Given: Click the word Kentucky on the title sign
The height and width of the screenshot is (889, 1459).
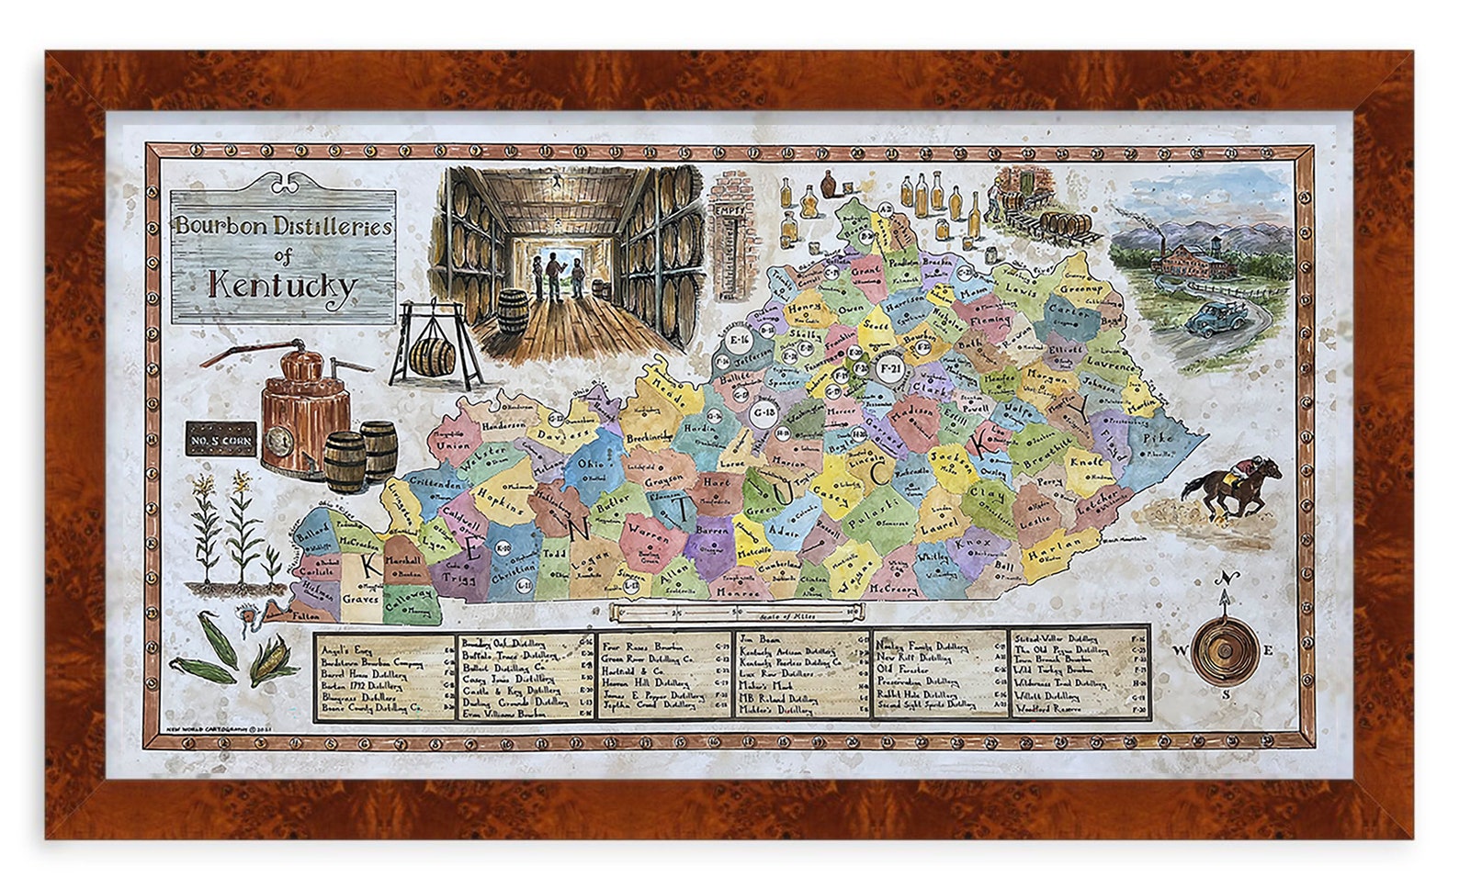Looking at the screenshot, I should [x=282, y=285].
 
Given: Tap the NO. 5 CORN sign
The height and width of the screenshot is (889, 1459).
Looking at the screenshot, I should [x=221, y=440].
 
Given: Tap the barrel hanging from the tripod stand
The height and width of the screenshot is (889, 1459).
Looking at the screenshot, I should [x=433, y=356].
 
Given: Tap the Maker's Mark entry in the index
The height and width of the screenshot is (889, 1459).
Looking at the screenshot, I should [x=766, y=686].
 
